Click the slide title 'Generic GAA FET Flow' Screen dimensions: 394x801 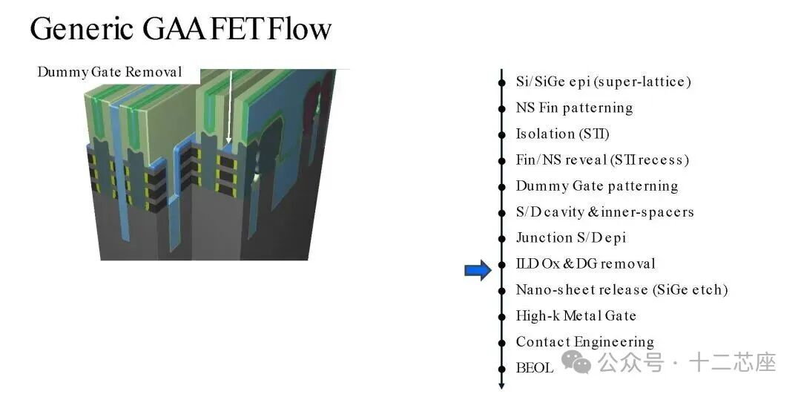coord(180,29)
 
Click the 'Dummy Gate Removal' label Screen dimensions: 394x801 coord(110,72)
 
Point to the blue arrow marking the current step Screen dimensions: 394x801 coord(478,271)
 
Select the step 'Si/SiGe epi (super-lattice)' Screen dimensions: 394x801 coord(603,82)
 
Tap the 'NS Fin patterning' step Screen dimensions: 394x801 coord(574,108)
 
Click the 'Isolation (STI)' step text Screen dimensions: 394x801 coord(562,134)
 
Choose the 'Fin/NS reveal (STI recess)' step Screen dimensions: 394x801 coord(602,160)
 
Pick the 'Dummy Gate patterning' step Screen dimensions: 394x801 coord(596,185)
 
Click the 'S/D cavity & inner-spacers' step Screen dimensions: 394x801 coord(604,211)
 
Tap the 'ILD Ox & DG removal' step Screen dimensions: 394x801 coord(585,263)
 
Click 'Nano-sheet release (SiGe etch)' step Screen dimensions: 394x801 coord(622,289)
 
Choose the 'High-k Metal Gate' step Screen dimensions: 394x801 coord(576,315)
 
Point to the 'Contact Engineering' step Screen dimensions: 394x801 coord(584,341)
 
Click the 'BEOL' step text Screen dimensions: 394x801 coord(534,367)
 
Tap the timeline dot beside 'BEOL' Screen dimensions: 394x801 coord(502,368)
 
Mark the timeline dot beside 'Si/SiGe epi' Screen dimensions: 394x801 coord(502,82)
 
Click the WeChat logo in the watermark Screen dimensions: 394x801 coord(576,363)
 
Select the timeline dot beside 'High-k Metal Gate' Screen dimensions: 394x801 coord(502,316)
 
